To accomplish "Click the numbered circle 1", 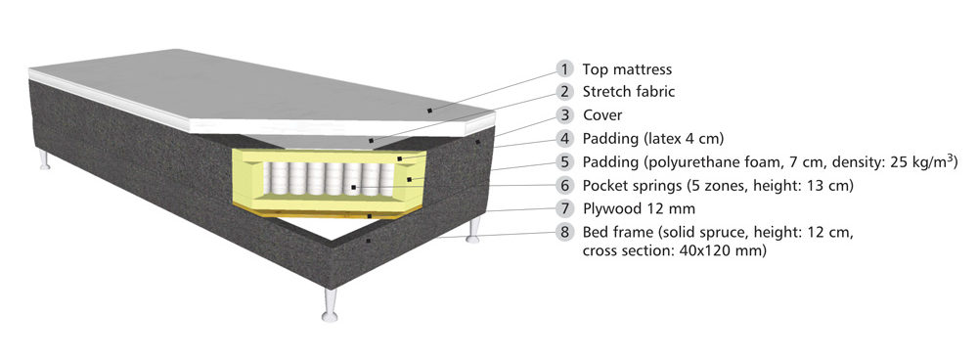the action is [x=565, y=68].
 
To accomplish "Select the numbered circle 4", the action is [x=565, y=139].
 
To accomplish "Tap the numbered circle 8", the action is [x=565, y=233].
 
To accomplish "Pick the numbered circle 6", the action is [x=565, y=185].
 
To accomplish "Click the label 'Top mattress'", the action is [x=627, y=69].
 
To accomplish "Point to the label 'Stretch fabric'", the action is [x=629, y=92].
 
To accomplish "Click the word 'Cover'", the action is [x=602, y=115].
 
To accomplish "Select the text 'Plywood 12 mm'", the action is [x=639, y=209].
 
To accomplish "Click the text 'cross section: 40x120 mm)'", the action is [x=674, y=251].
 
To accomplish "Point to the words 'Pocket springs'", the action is [x=632, y=186].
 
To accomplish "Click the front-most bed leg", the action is [x=330, y=305].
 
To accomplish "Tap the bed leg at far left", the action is [x=44, y=159].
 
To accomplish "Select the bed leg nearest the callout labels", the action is [x=473, y=230].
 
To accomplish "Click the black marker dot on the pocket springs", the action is [x=353, y=187].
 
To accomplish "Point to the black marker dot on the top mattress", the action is [x=429, y=110].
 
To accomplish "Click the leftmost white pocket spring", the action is [x=268, y=179].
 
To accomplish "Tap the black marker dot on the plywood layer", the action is [x=370, y=216].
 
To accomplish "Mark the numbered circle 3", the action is [x=565, y=115].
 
